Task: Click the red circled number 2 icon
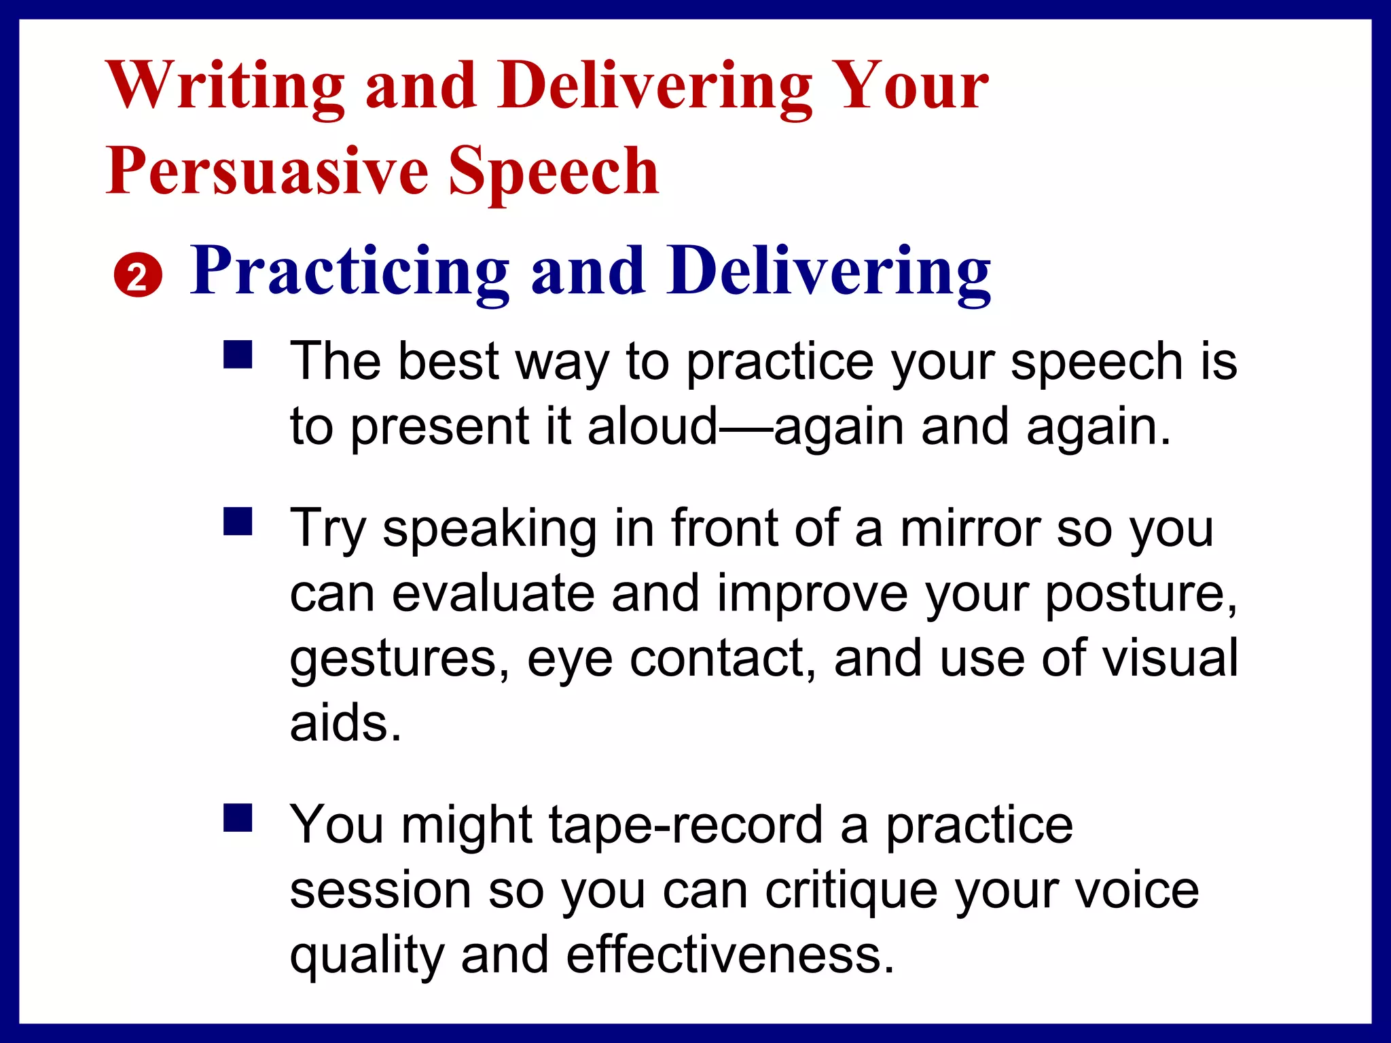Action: tap(138, 276)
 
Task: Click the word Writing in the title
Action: tap(225, 87)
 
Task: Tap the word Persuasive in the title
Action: tap(267, 172)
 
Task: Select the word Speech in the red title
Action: tap(554, 172)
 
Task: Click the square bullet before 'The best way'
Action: tap(238, 354)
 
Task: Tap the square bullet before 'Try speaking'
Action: tap(238, 521)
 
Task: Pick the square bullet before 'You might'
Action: tap(238, 818)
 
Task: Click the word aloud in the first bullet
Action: tap(653, 426)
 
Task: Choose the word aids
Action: tap(346, 723)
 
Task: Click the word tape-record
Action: tap(686, 826)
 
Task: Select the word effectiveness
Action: tap(730, 955)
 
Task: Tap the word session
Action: tap(380, 890)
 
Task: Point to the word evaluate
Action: tap(493, 593)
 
